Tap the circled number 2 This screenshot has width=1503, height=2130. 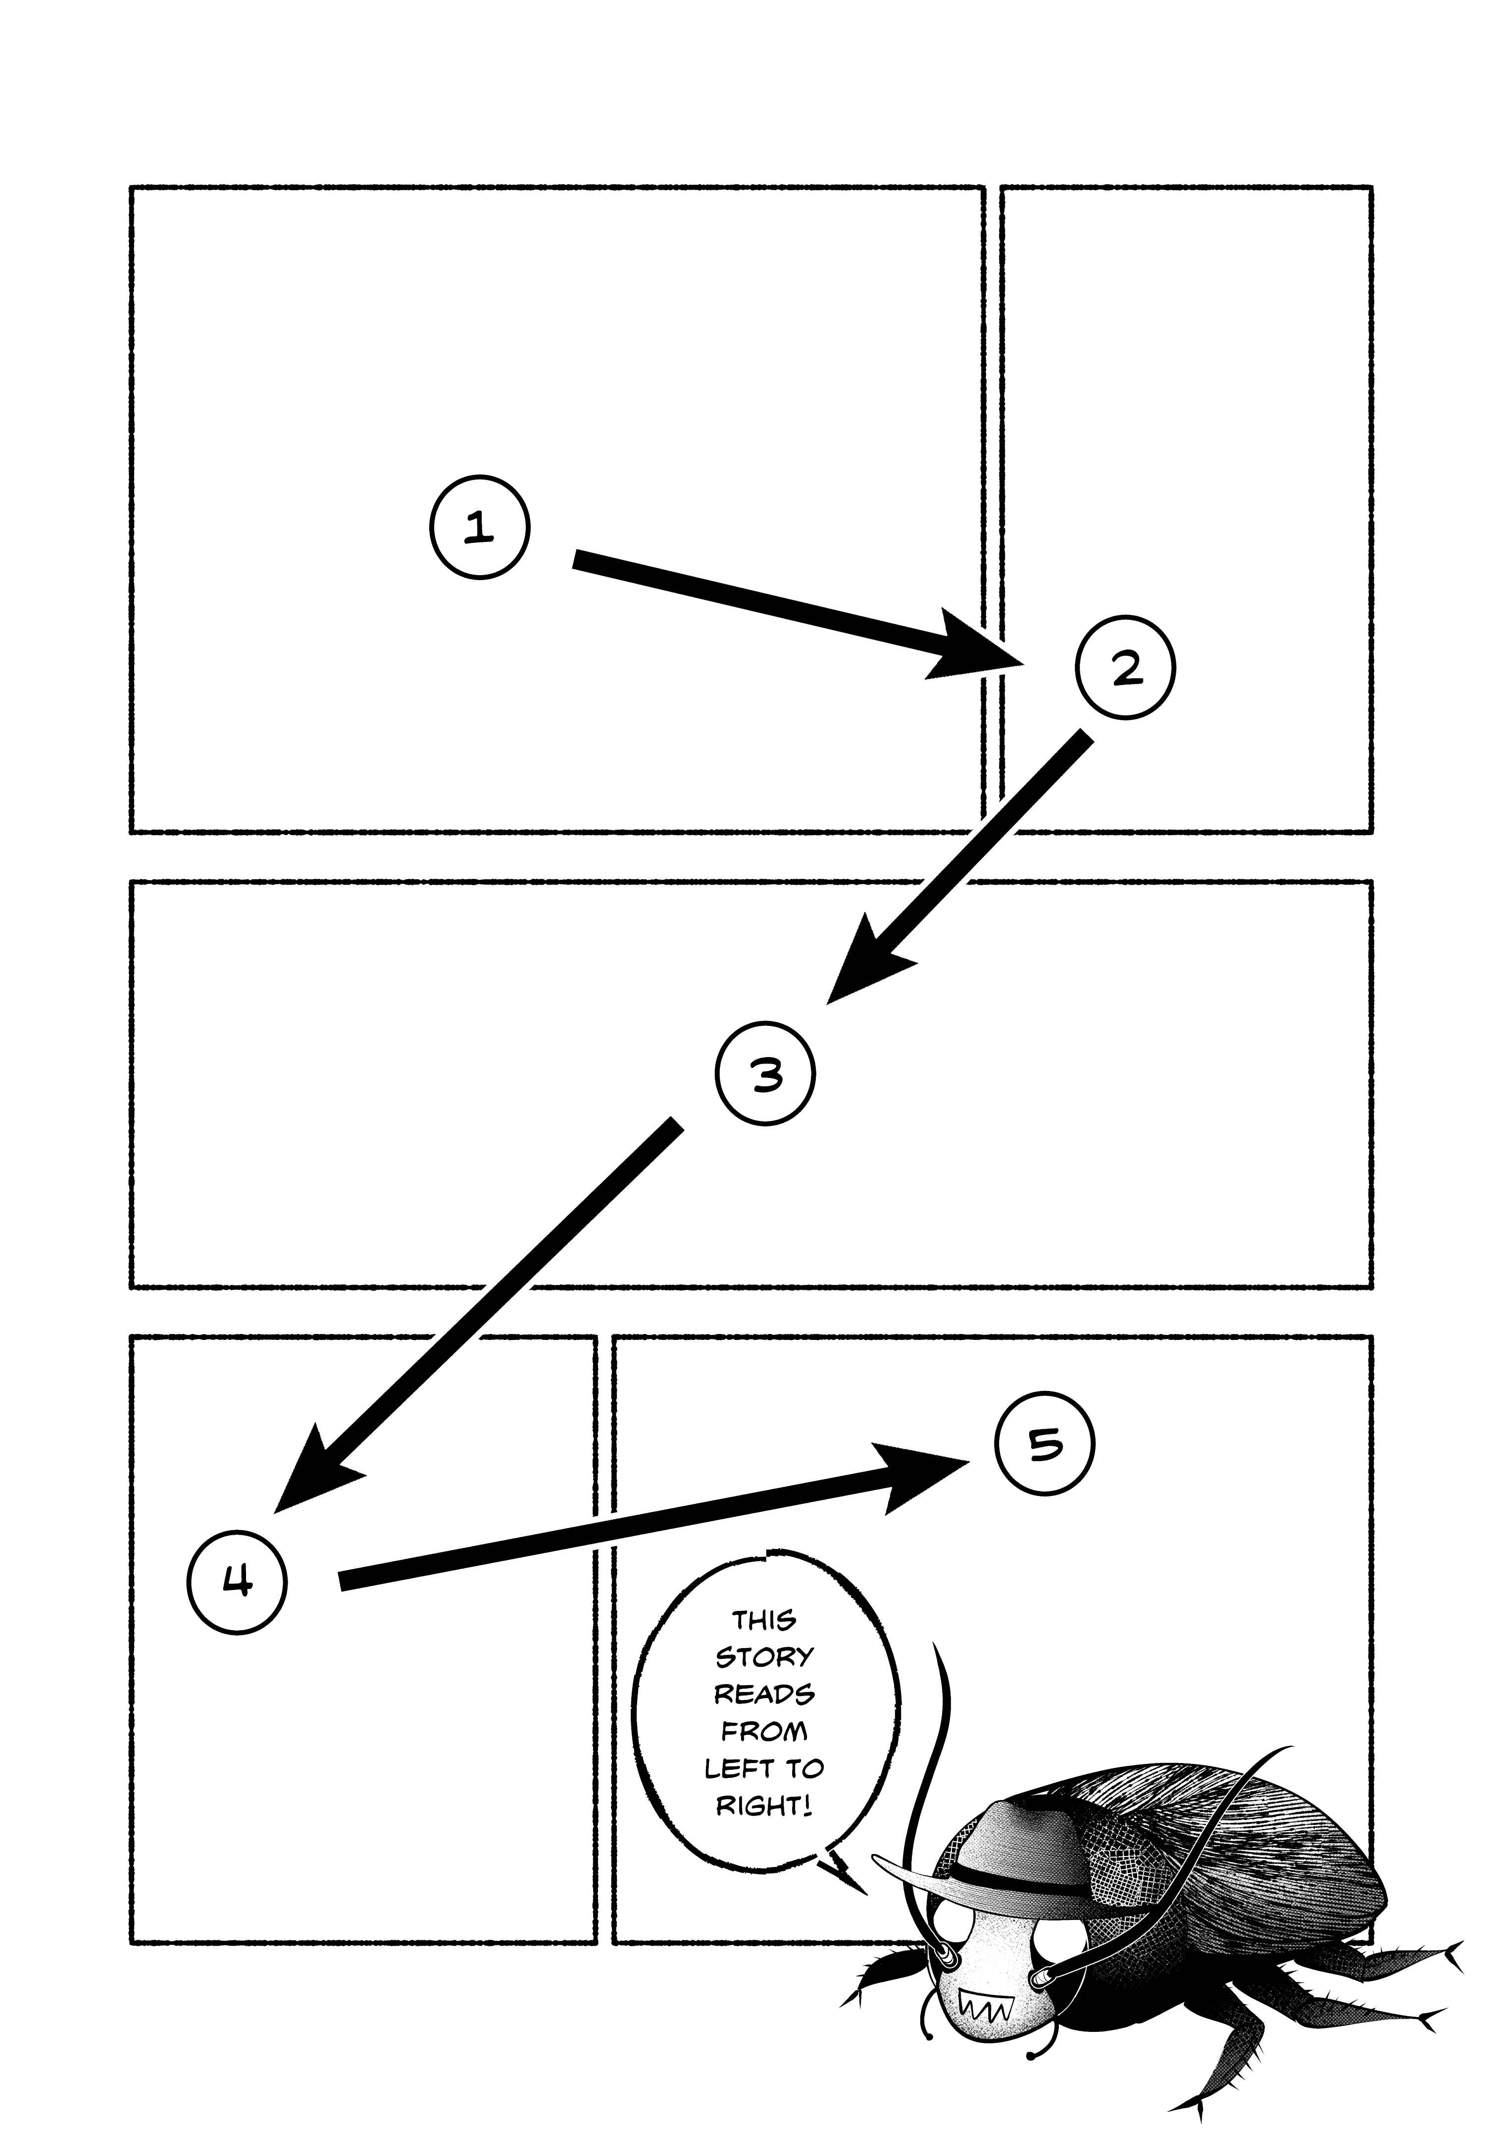point(1125,668)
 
